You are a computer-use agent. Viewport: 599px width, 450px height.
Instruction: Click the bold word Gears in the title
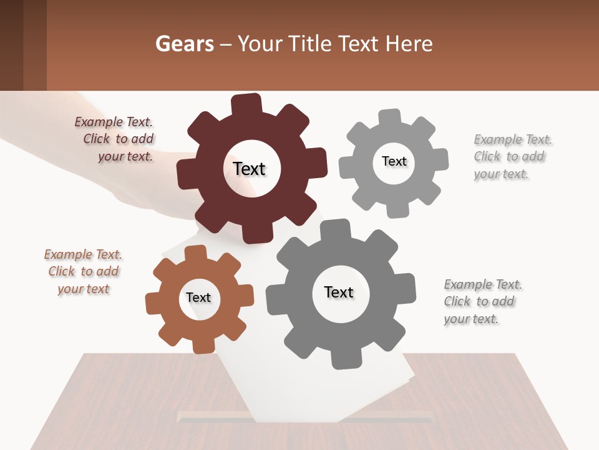click(184, 44)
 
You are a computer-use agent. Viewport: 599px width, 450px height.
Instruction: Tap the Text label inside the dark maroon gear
click(249, 169)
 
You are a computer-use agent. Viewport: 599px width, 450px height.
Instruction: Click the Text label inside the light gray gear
click(394, 161)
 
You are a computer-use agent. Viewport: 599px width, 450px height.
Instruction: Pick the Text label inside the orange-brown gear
click(198, 298)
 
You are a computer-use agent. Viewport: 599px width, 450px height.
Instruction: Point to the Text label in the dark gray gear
click(339, 292)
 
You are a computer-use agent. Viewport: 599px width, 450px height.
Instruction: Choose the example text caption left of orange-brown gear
click(84, 272)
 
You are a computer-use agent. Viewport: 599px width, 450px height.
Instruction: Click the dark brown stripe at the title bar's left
click(11, 45)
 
